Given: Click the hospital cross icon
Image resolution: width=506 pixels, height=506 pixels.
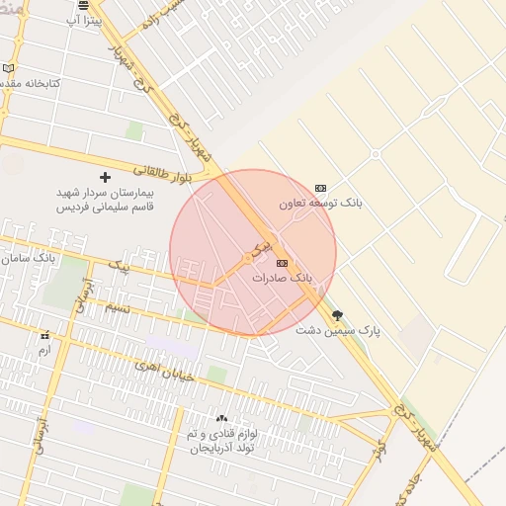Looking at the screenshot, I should click(105, 177).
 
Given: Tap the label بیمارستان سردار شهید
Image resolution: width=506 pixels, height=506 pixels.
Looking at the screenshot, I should click(105, 193).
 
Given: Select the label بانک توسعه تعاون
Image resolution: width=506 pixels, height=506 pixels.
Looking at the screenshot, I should click(320, 203).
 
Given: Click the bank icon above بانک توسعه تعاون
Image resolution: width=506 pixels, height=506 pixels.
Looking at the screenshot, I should click(320, 188).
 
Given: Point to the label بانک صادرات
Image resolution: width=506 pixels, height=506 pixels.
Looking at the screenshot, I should click(282, 279).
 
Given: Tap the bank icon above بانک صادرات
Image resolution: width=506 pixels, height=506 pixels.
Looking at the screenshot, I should click(283, 263).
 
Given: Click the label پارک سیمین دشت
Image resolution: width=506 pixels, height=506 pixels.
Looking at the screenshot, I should click(338, 330).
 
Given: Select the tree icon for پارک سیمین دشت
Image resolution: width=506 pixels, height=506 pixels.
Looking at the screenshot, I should click(338, 316).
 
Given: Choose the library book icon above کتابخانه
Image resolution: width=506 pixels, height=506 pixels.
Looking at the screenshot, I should click(9, 68).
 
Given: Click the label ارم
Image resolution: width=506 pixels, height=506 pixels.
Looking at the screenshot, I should click(43, 351).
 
